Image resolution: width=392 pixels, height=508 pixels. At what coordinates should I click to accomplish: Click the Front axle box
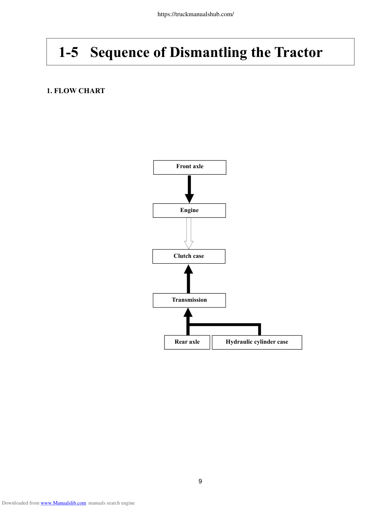pyautogui.click(x=189, y=167)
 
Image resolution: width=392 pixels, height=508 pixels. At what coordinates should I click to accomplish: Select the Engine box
pyautogui.click(x=189, y=211)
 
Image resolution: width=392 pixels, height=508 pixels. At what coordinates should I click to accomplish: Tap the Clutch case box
pyautogui.click(x=189, y=256)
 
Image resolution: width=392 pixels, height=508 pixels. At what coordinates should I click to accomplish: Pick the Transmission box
pyautogui.click(x=189, y=301)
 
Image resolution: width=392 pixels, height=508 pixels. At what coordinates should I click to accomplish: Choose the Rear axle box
pyautogui.click(x=187, y=343)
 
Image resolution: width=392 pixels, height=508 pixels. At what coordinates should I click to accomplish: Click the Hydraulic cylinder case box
pyautogui.click(x=257, y=343)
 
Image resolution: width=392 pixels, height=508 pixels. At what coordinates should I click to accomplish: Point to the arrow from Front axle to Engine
pyautogui.click(x=189, y=189)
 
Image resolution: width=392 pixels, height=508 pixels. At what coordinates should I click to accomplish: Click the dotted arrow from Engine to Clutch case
pyautogui.click(x=189, y=234)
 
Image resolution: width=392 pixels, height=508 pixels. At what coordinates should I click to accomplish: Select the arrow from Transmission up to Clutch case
pyautogui.click(x=188, y=279)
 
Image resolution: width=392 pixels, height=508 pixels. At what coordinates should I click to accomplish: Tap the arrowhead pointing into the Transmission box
pyautogui.click(x=188, y=312)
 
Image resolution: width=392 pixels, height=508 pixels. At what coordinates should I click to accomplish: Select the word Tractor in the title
pyautogui.click(x=298, y=52)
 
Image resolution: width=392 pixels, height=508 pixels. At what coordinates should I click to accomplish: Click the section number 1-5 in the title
pyautogui.click(x=68, y=52)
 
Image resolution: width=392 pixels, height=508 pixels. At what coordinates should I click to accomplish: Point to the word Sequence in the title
pyautogui.click(x=120, y=53)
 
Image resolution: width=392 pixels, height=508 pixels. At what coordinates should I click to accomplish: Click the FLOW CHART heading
pyautogui.click(x=80, y=91)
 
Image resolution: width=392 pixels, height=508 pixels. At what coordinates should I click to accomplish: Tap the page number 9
pyautogui.click(x=200, y=481)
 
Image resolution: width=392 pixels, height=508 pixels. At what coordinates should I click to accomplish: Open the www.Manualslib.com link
pyautogui.click(x=63, y=503)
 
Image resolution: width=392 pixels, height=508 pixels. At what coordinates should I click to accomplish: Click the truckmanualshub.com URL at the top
pyautogui.click(x=196, y=14)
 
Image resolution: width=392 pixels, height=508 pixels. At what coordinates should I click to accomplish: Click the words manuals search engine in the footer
pyautogui.click(x=111, y=503)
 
